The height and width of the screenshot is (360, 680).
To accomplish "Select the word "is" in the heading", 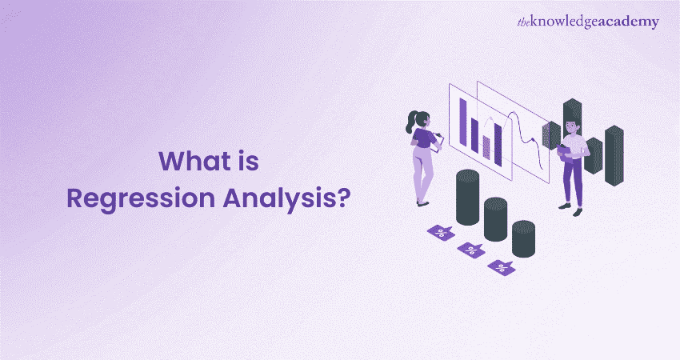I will (248, 162).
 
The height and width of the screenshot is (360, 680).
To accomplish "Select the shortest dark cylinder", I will (523, 238).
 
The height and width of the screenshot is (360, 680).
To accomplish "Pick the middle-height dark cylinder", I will (495, 218).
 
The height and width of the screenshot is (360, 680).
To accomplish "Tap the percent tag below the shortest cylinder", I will (502, 267).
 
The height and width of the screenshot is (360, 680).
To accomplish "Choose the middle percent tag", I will (471, 250).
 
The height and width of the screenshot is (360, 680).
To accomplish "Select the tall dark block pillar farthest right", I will (614, 155).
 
